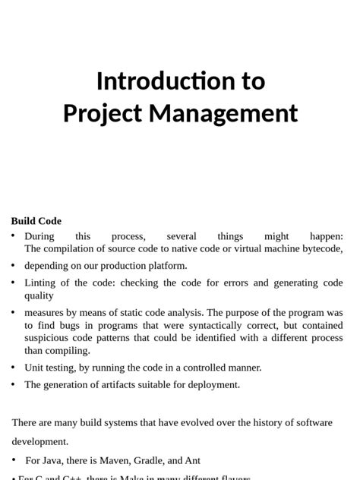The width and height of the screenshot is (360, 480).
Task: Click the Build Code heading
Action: (36, 221)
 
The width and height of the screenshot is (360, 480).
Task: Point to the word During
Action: (39, 236)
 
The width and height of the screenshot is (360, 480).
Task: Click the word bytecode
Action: (321, 248)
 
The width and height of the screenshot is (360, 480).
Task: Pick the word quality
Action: (39, 295)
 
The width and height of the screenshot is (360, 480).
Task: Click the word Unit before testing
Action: (35, 368)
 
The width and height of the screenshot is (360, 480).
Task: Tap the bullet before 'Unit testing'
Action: (14, 368)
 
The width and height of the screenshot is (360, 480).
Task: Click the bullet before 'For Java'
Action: (14, 460)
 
